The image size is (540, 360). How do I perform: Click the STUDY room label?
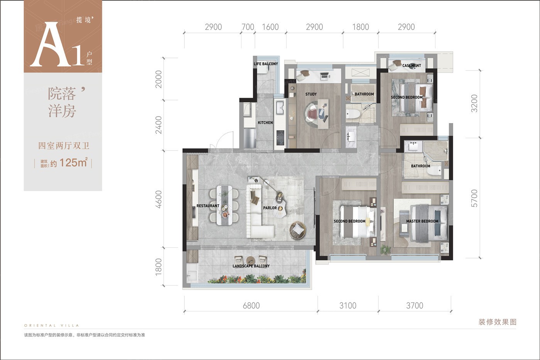(311, 94)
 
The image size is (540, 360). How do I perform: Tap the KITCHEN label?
(265, 123)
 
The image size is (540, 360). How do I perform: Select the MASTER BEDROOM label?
(422, 221)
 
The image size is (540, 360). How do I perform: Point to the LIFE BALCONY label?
(266, 64)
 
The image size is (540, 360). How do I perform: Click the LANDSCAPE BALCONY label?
(251, 266)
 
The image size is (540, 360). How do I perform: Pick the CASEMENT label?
(412, 66)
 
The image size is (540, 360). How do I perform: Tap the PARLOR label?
(270, 208)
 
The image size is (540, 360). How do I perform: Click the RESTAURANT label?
(208, 206)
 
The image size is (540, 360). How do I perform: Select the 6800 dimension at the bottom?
(251, 306)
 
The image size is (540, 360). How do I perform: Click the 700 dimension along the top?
(248, 27)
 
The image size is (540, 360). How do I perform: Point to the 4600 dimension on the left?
(159, 199)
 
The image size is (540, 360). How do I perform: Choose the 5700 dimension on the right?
(474, 198)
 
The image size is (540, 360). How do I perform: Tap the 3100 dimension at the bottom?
(348, 306)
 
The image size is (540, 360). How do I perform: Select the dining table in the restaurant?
(224, 205)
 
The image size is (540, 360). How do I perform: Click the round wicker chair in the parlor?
(297, 230)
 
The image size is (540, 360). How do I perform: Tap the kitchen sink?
(280, 107)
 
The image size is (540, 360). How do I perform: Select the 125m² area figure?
(74, 162)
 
